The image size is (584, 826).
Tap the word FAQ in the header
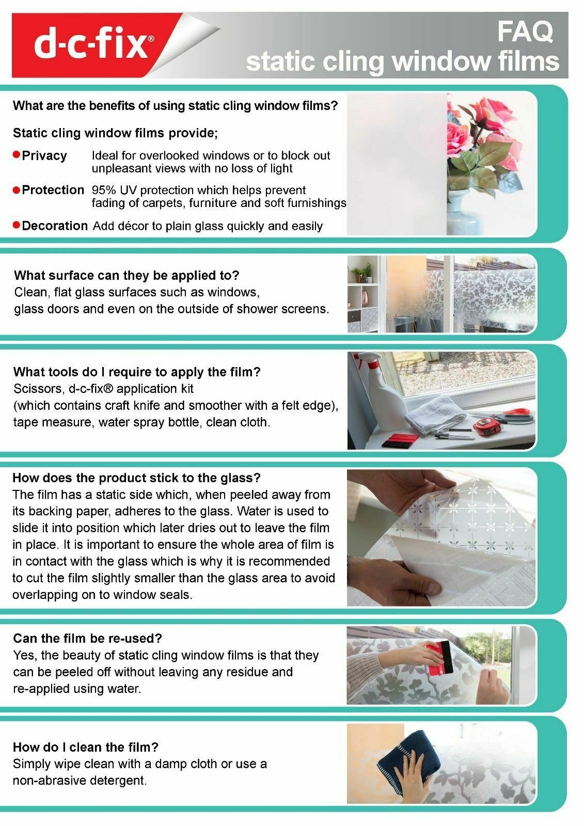pyautogui.click(x=525, y=31)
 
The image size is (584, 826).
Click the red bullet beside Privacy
pyautogui.click(x=16, y=154)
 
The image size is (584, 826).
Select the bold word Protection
pyautogui.click(x=53, y=190)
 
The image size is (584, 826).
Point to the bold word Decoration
pyautogui.click(x=55, y=226)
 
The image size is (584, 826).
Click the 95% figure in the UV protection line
pyautogui.click(x=104, y=190)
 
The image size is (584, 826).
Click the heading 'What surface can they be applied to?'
pyautogui.click(x=127, y=275)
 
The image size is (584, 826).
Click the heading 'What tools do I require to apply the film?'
pyautogui.click(x=137, y=372)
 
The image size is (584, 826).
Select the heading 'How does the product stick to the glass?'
pyautogui.click(x=136, y=478)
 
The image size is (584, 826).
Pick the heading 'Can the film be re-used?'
pyautogui.click(x=87, y=638)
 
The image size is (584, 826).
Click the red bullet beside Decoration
pyautogui.click(x=16, y=225)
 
